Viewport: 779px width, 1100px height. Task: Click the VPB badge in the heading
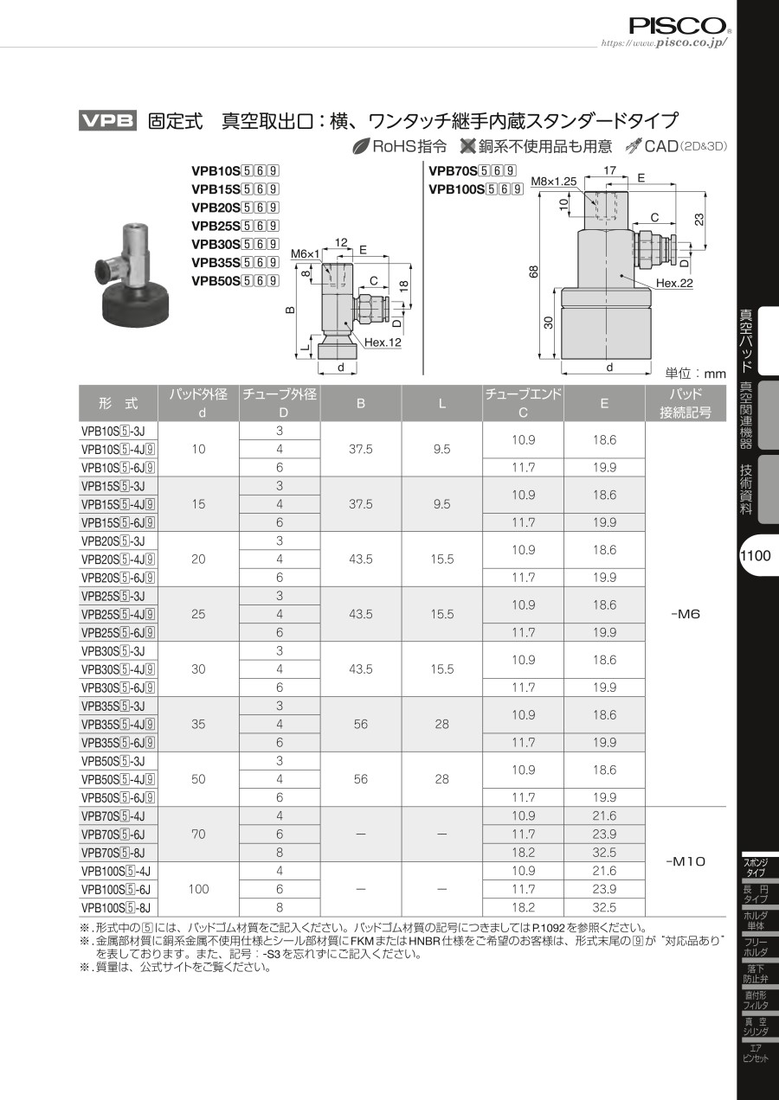[x=107, y=121]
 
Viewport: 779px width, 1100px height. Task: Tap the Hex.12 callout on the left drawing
[x=383, y=342]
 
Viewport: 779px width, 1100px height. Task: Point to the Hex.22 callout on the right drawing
[x=674, y=283]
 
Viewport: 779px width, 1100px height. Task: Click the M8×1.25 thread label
[x=553, y=182]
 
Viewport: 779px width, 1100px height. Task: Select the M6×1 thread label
[x=305, y=254]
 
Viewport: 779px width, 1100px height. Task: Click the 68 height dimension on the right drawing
[x=534, y=272]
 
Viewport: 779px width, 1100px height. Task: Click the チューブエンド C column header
[x=523, y=403]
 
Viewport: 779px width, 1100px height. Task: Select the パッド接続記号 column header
[x=686, y=403]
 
